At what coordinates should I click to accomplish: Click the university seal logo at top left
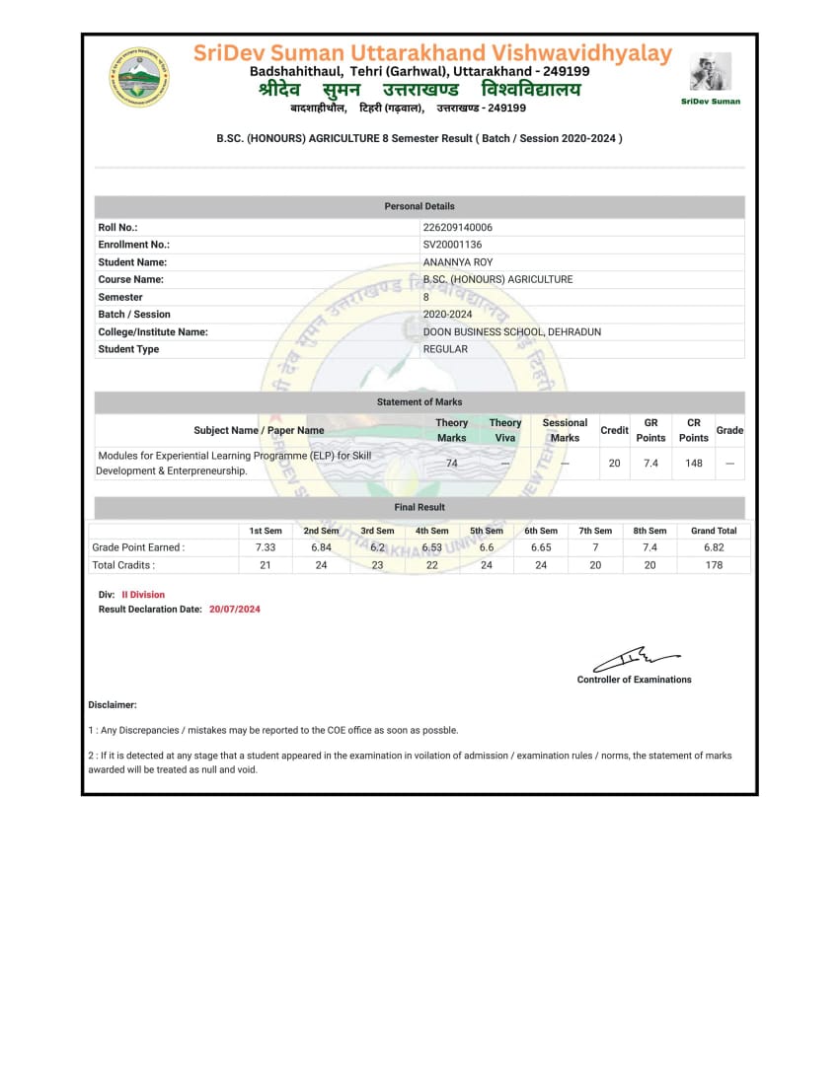[x=138, y=77]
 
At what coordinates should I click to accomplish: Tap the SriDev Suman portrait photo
[x=711, y=72]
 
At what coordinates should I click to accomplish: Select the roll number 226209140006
[x=457, y=228]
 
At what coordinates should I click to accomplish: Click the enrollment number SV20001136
[x=452, y=245]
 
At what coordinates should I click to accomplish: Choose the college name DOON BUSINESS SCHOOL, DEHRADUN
[x=511, y=332]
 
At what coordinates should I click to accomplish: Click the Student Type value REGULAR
[x=445, y=349]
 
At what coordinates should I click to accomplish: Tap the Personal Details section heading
[x=419, y=206]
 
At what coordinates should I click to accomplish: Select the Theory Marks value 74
[x=452, y=463]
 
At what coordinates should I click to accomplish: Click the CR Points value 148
[x=694, y=463]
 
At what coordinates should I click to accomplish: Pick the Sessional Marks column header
[x=565, y=430]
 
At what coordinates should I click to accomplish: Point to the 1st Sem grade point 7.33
[x=266, y=547]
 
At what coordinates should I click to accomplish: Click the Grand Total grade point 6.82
[x=714, y=547]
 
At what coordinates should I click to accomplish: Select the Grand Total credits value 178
[x=714, y=565]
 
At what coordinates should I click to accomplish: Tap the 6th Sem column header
[x=541, y=531]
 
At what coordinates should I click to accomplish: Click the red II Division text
[x=143, y=595]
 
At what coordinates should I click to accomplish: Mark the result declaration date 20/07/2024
[x=235, y=610]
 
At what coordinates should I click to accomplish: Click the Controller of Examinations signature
[x=636, y=657]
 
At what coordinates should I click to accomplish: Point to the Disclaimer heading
[x=113, y=705]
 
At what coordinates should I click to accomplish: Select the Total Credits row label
[x=123, y=565]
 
